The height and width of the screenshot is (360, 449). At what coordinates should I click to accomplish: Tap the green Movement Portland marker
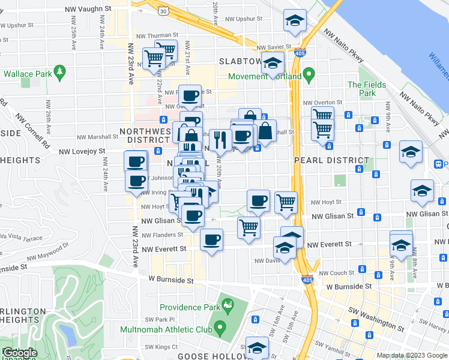[x=309, y=76]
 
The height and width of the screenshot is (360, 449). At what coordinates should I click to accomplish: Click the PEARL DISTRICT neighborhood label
[x=331, y=161]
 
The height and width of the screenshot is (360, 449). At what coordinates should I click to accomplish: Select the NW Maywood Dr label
[x=50, y=252]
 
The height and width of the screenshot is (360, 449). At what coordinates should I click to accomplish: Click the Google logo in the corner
[x=19, y=353]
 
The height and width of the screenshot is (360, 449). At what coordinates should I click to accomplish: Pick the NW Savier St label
[x=273, y=47]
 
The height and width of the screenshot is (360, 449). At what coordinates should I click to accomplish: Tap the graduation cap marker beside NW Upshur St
[x=294, y=21]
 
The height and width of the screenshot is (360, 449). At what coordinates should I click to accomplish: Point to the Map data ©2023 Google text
[x=412, y=355]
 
